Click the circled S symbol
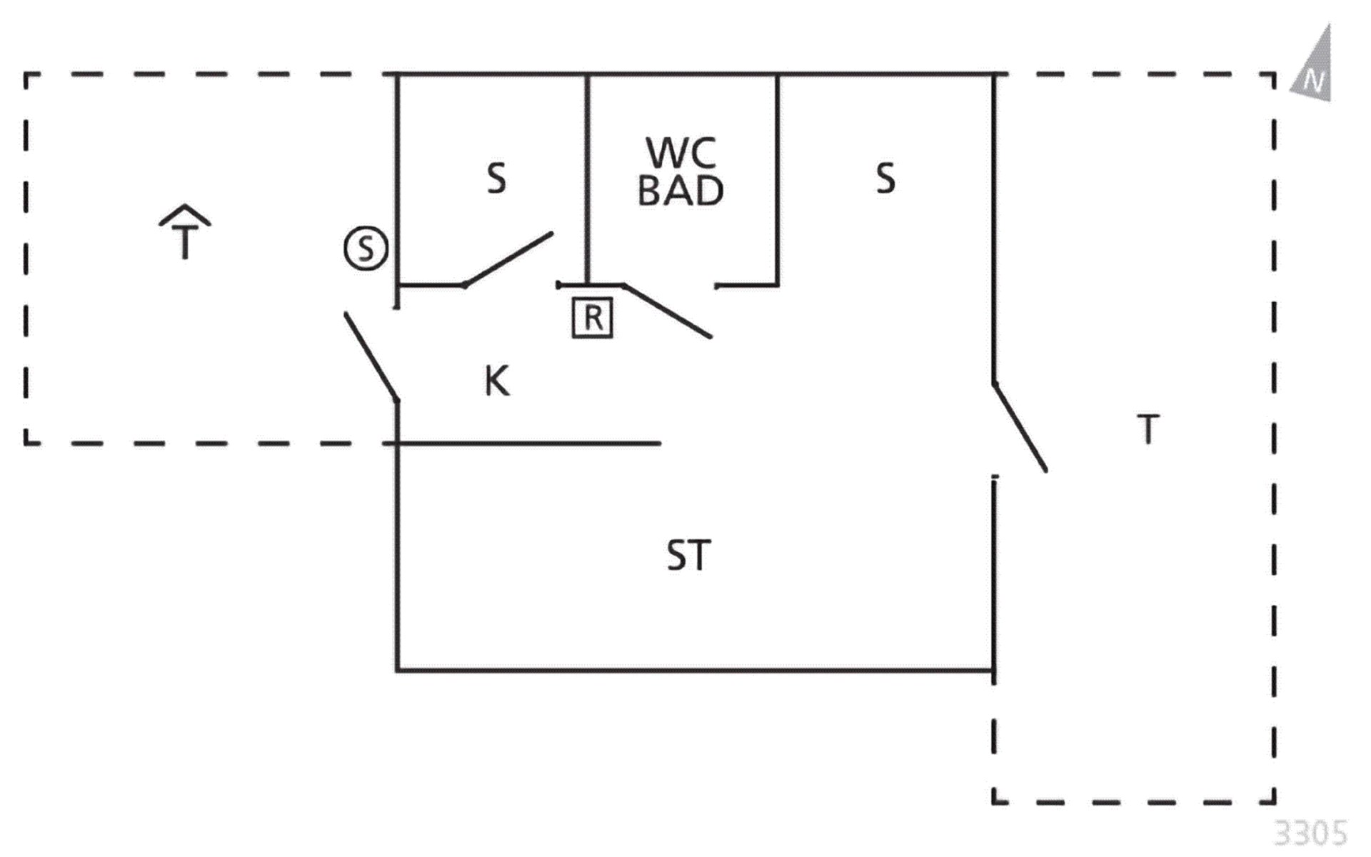(x=366, y=249)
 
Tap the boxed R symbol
(x=593, y=317)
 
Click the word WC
(x=681, y=152)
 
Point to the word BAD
(x=681, y=191)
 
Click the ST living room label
(x=688, y=556)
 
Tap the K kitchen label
(x=497, y=381)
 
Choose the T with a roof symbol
(x=185, y=232)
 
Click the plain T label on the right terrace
(x=1148, y=429)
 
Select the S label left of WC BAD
(x=496, y=178)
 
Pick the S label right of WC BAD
(x=885, y=178)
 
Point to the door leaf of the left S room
(x=508, y=259)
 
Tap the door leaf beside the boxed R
(x=667, y=311)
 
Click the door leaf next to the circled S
(x=371, y=357)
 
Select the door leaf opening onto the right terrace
(x=1020, y=427)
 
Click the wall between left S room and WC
(x=588, y=179)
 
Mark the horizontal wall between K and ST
(x=528, y=443)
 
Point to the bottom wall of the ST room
(x=695, y=670)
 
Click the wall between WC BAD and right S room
(x=778, y=179)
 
